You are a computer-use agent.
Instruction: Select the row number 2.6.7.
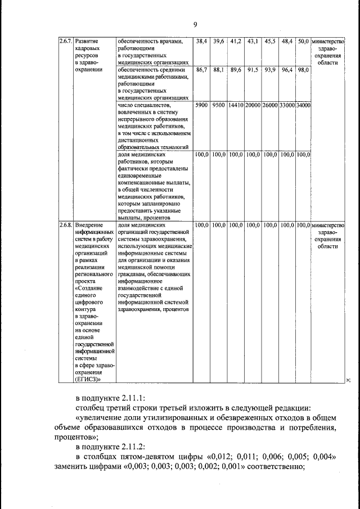(x=66, y=42)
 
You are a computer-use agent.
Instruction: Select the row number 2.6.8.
(x=66, y=225)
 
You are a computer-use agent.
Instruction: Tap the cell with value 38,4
(x=202, y=42)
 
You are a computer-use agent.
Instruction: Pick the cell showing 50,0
(x=303, y=42)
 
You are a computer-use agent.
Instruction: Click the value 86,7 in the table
(x=202, y=70)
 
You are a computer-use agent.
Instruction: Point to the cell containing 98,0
(x=303, y=70)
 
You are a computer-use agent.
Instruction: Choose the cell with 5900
(x=201, y=105)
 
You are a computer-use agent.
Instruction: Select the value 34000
(x=303, y=105)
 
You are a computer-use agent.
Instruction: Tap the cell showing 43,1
(x=253, y=42)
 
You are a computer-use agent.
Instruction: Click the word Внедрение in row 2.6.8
(x=89, y=225)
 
